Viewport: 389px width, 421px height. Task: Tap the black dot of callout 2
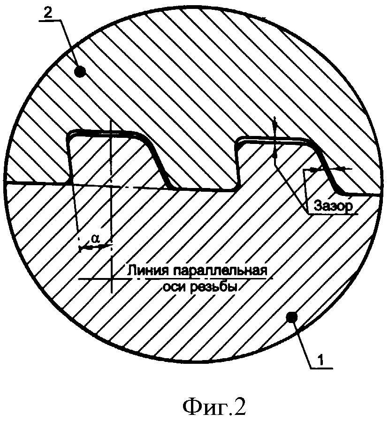tap(80, 72)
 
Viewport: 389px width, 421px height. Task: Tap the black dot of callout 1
tap(292, 318)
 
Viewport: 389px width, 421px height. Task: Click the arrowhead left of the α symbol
tap(83, 246)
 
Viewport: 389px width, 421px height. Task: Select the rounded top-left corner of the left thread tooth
tap(71, 134)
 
